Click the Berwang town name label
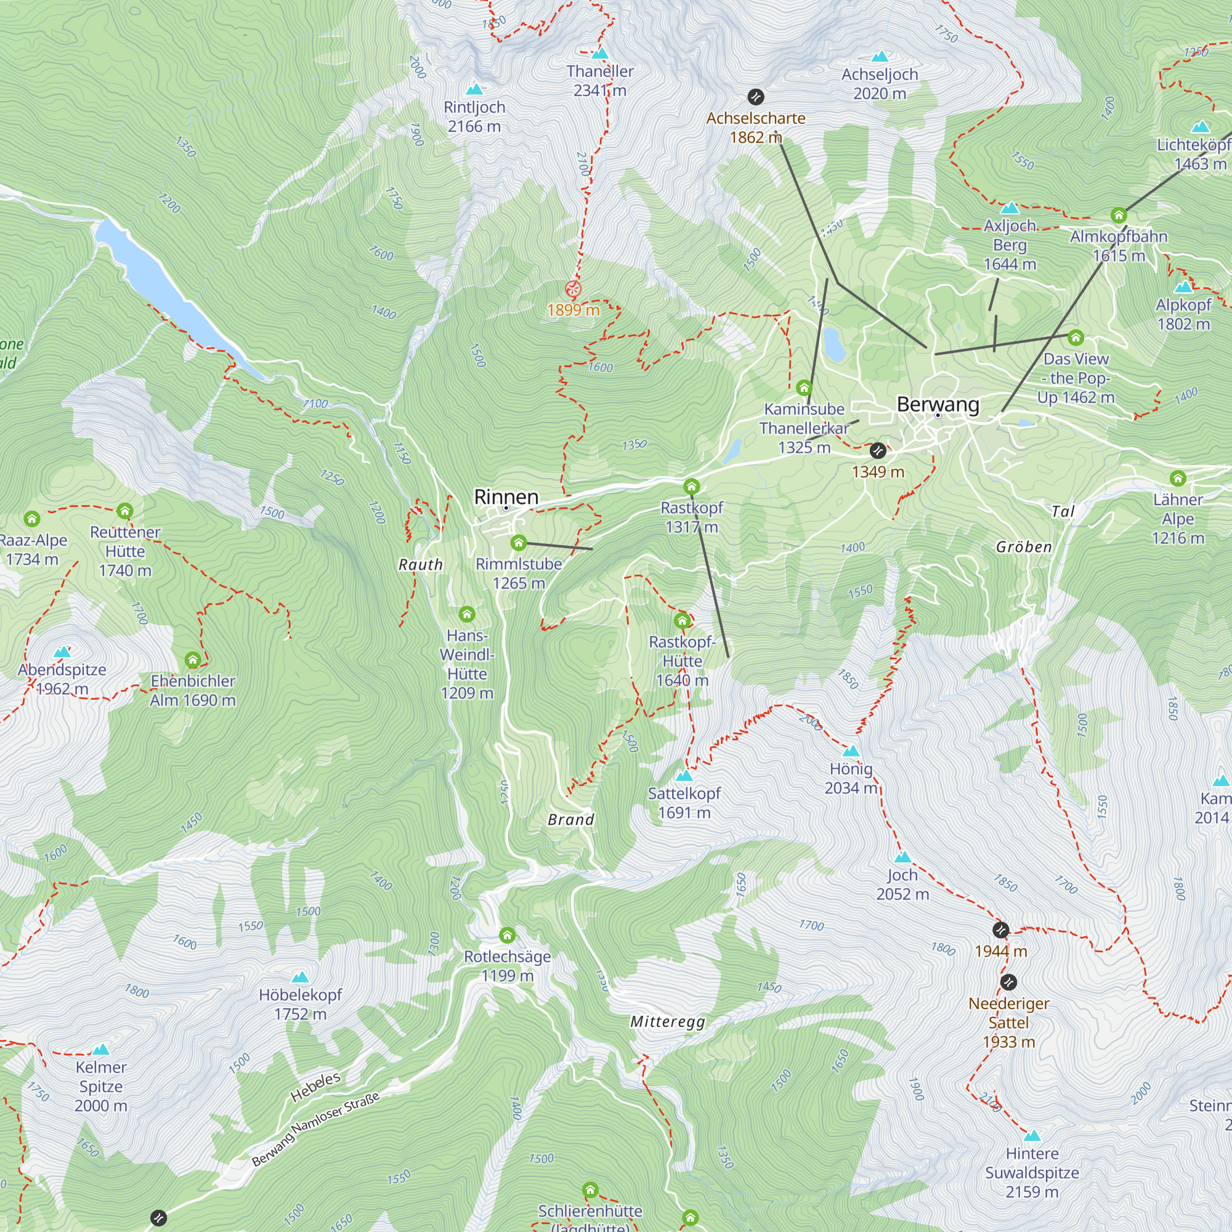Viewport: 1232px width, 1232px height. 938,404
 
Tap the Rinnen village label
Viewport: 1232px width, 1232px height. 506,496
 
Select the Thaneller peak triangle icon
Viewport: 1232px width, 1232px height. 599,54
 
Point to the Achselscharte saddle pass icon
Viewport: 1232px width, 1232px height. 756,97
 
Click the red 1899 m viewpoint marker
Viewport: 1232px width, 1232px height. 573,289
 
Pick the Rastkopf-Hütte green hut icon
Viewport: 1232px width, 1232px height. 683,620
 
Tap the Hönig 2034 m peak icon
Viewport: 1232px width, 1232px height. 851,751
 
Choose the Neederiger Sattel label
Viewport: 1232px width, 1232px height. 1008,1022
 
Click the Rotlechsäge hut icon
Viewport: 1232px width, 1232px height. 507,936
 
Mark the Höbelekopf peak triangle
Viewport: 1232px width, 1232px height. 300,977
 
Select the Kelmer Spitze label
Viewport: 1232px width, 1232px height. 101,1086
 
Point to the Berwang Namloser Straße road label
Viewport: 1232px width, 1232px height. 315,1129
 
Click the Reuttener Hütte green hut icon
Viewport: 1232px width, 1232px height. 125,511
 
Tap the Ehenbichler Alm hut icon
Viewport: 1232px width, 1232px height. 193,659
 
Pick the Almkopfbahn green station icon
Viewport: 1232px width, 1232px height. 1119,216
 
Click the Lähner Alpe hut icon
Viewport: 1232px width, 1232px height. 1178,478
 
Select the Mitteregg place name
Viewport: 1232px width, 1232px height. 667,1021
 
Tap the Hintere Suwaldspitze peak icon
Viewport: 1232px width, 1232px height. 1032,1136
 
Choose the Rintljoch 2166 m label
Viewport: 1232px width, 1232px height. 474,116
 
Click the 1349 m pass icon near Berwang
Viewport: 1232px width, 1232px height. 877,451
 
